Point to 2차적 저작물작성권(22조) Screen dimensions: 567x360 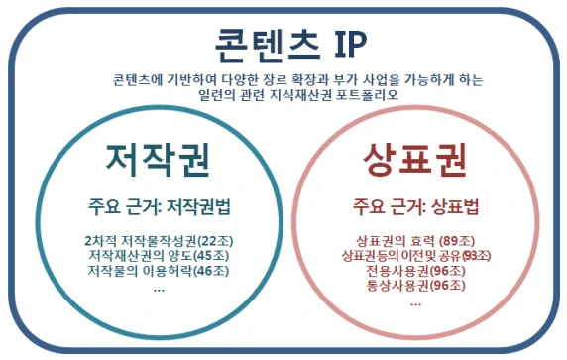tap(160, 241)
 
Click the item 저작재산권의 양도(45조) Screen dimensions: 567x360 tap(160, 256)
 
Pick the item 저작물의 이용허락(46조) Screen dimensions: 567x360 tap(160, 270)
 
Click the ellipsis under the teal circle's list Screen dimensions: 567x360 tap(160, 287)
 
